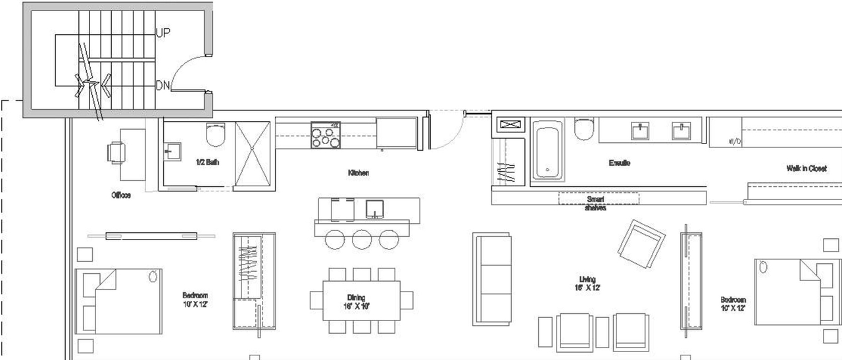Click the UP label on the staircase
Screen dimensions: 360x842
[x=163, y=32]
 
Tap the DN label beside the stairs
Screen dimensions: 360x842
[x=163, y=86]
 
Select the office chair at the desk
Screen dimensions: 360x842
[x=115, y=153]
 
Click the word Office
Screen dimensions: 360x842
[x=121, y=195]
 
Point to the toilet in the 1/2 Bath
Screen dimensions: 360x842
[x=215, y=135]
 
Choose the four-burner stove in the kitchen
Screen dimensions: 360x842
[x=325, y=134]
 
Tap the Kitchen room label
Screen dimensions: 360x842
[x=359, y=173]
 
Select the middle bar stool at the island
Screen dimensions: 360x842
[x=362, y=239]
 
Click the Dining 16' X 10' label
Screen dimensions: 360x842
[x=357, y=302]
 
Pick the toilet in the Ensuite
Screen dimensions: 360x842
[x=584, y=130]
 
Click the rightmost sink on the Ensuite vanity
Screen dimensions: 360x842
[x=681, y=131]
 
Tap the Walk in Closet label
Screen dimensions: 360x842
[x=806, y=168]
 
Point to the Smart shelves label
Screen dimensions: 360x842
[x=595, y=203]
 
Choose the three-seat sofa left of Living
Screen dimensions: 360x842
[x=491, y=278]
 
